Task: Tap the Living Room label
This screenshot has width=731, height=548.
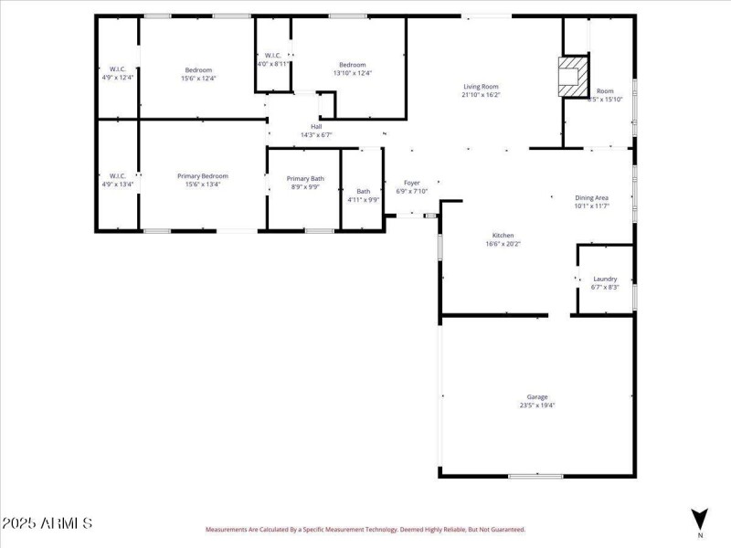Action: tap(482, 87)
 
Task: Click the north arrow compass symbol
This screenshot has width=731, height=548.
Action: tap(700, 520)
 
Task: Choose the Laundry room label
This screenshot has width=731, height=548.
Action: tap(605, 279)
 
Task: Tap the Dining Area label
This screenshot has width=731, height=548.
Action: tap(591, 197)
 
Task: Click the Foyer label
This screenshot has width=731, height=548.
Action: tap(412, 183)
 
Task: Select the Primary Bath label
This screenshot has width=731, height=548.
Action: tap(305, 179)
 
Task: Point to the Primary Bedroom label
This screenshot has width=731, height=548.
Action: tap(203, 175)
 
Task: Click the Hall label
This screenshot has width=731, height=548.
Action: tap(316, 127)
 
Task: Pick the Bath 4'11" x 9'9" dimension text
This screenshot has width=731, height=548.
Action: tap(363, 199)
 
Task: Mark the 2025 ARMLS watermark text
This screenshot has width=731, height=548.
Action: tap(47, 523)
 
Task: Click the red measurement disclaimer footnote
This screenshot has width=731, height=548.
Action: tap(365, 529)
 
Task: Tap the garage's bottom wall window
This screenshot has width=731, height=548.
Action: tap(535, 476)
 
